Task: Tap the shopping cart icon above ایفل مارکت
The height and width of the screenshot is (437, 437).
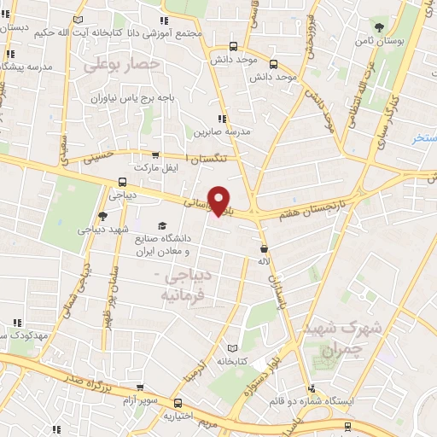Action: [154, 155]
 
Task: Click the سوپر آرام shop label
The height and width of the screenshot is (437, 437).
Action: [139, 400]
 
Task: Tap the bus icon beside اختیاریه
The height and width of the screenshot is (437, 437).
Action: [178, 403]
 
